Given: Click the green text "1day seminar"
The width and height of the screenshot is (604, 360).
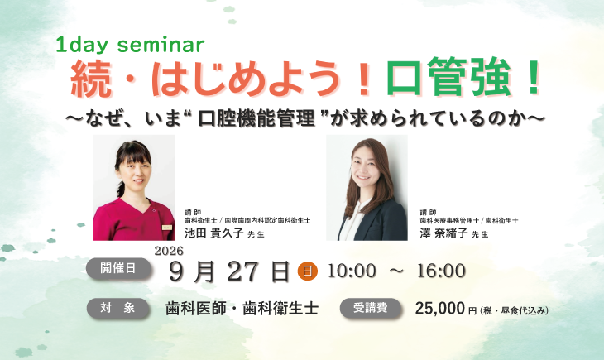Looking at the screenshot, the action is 130,45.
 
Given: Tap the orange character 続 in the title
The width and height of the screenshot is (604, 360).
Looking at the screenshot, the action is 91,79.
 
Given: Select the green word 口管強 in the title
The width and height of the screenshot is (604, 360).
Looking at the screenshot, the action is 448,77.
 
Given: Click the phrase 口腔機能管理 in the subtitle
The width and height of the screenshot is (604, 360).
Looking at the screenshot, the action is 256,118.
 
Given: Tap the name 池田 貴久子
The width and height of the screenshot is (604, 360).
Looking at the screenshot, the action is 213,233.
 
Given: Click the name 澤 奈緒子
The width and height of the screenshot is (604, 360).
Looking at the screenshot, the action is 443,233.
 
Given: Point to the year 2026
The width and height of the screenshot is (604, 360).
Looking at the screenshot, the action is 169,251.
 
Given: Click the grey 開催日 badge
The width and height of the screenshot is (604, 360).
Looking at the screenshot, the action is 118,268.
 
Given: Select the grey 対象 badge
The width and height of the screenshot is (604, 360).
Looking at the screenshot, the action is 117,308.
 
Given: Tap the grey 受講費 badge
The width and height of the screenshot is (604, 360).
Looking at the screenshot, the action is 370,309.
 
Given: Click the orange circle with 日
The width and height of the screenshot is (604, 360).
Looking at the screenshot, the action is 308,271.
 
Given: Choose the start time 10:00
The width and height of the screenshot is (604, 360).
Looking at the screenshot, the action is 352,271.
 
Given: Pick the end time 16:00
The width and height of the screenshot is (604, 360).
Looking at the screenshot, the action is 441,271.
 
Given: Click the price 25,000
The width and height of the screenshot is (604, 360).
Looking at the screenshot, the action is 440,309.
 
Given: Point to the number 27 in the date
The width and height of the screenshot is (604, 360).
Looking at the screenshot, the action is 242,271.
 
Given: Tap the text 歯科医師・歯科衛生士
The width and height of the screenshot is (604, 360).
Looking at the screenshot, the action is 242,309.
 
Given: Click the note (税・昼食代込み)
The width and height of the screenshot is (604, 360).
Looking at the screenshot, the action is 515,310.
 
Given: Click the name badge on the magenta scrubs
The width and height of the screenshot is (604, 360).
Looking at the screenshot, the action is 167,228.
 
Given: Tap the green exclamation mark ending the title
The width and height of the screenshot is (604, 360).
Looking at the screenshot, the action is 534,77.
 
